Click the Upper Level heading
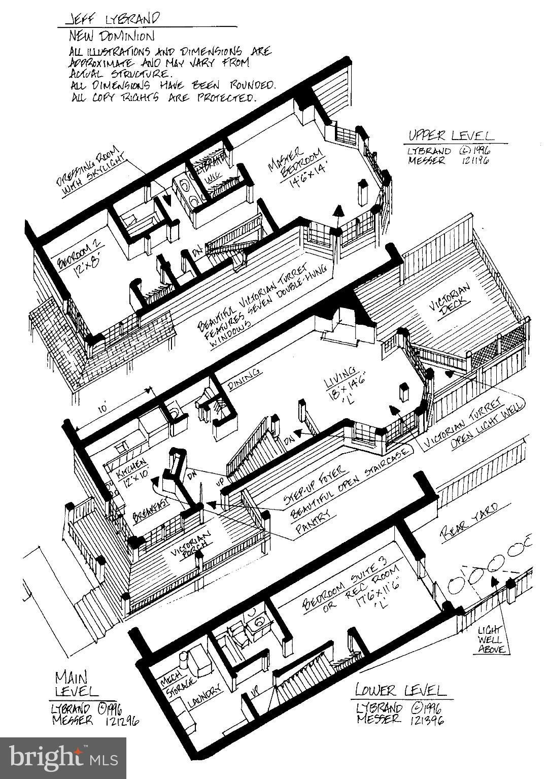450,136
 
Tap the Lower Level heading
400,690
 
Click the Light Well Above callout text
491,639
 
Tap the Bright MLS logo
63,758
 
